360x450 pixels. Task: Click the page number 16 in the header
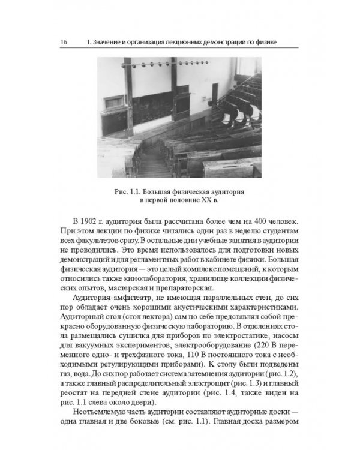[x=63, y=42]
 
